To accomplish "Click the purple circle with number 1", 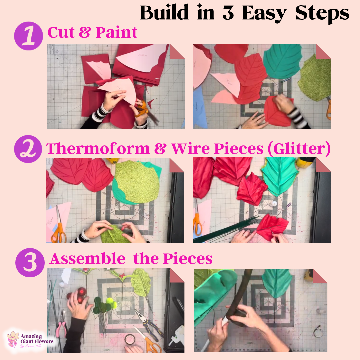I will (x=28, y=36).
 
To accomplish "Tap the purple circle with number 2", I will (x=28, y=149).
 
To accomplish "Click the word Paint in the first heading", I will (x=116, y=33).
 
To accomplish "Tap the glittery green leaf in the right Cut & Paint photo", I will (x=315, y=77).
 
